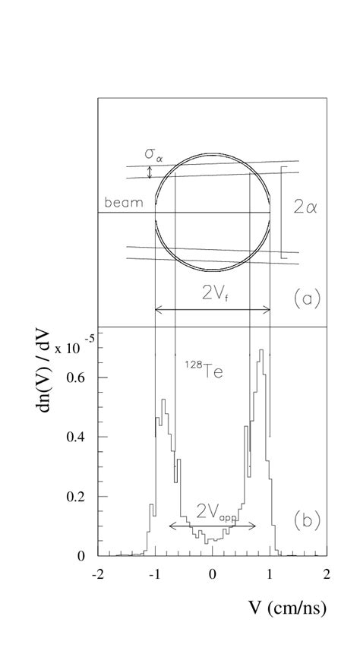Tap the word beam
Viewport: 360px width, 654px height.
124,203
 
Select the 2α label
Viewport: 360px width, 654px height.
305,207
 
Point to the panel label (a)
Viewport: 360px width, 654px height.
307,299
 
